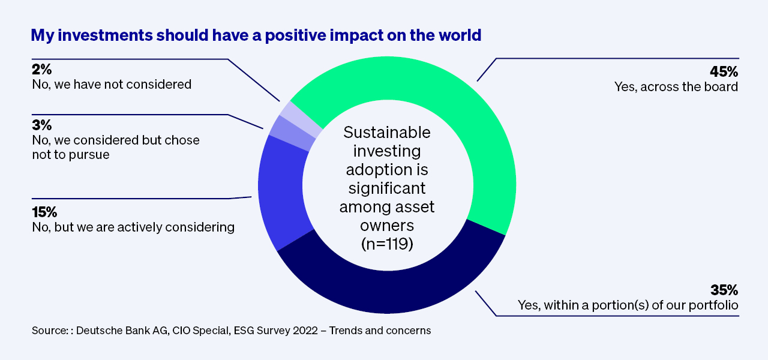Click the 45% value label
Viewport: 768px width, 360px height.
724,71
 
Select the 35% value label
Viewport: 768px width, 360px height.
724,290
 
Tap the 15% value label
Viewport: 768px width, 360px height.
44,212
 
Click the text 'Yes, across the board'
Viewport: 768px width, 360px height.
676,87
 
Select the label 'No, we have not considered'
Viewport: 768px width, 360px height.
112,85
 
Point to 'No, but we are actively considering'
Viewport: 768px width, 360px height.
133,227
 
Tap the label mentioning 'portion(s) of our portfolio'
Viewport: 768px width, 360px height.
628,305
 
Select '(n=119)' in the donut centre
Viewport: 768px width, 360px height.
386,245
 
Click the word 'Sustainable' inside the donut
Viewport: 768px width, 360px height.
386,133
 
